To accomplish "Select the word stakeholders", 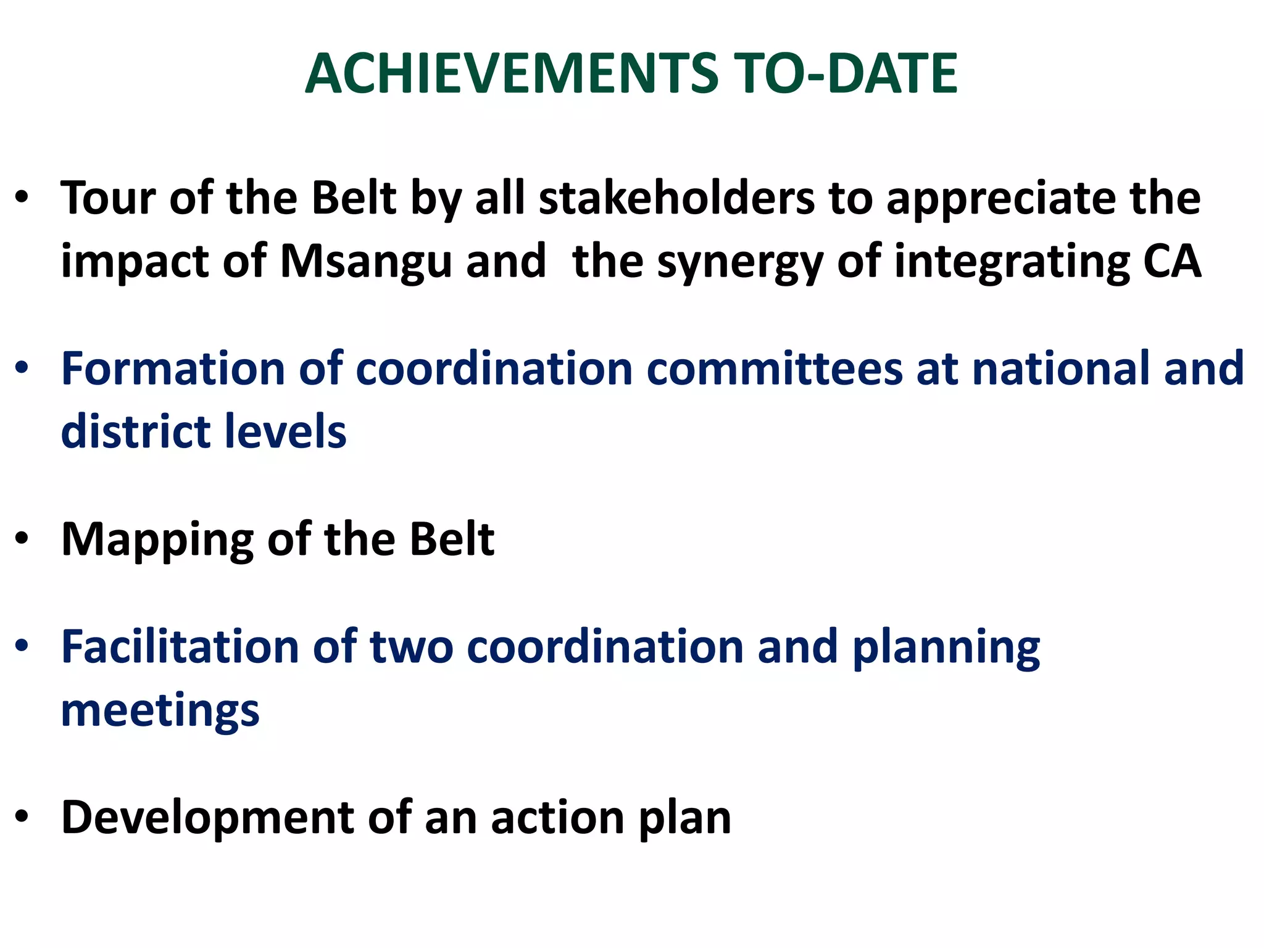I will pos(676,199).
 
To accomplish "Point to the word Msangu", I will pos(367,262).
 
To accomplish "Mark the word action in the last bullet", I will pos(557,818).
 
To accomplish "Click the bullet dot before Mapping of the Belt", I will pos(23,539).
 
